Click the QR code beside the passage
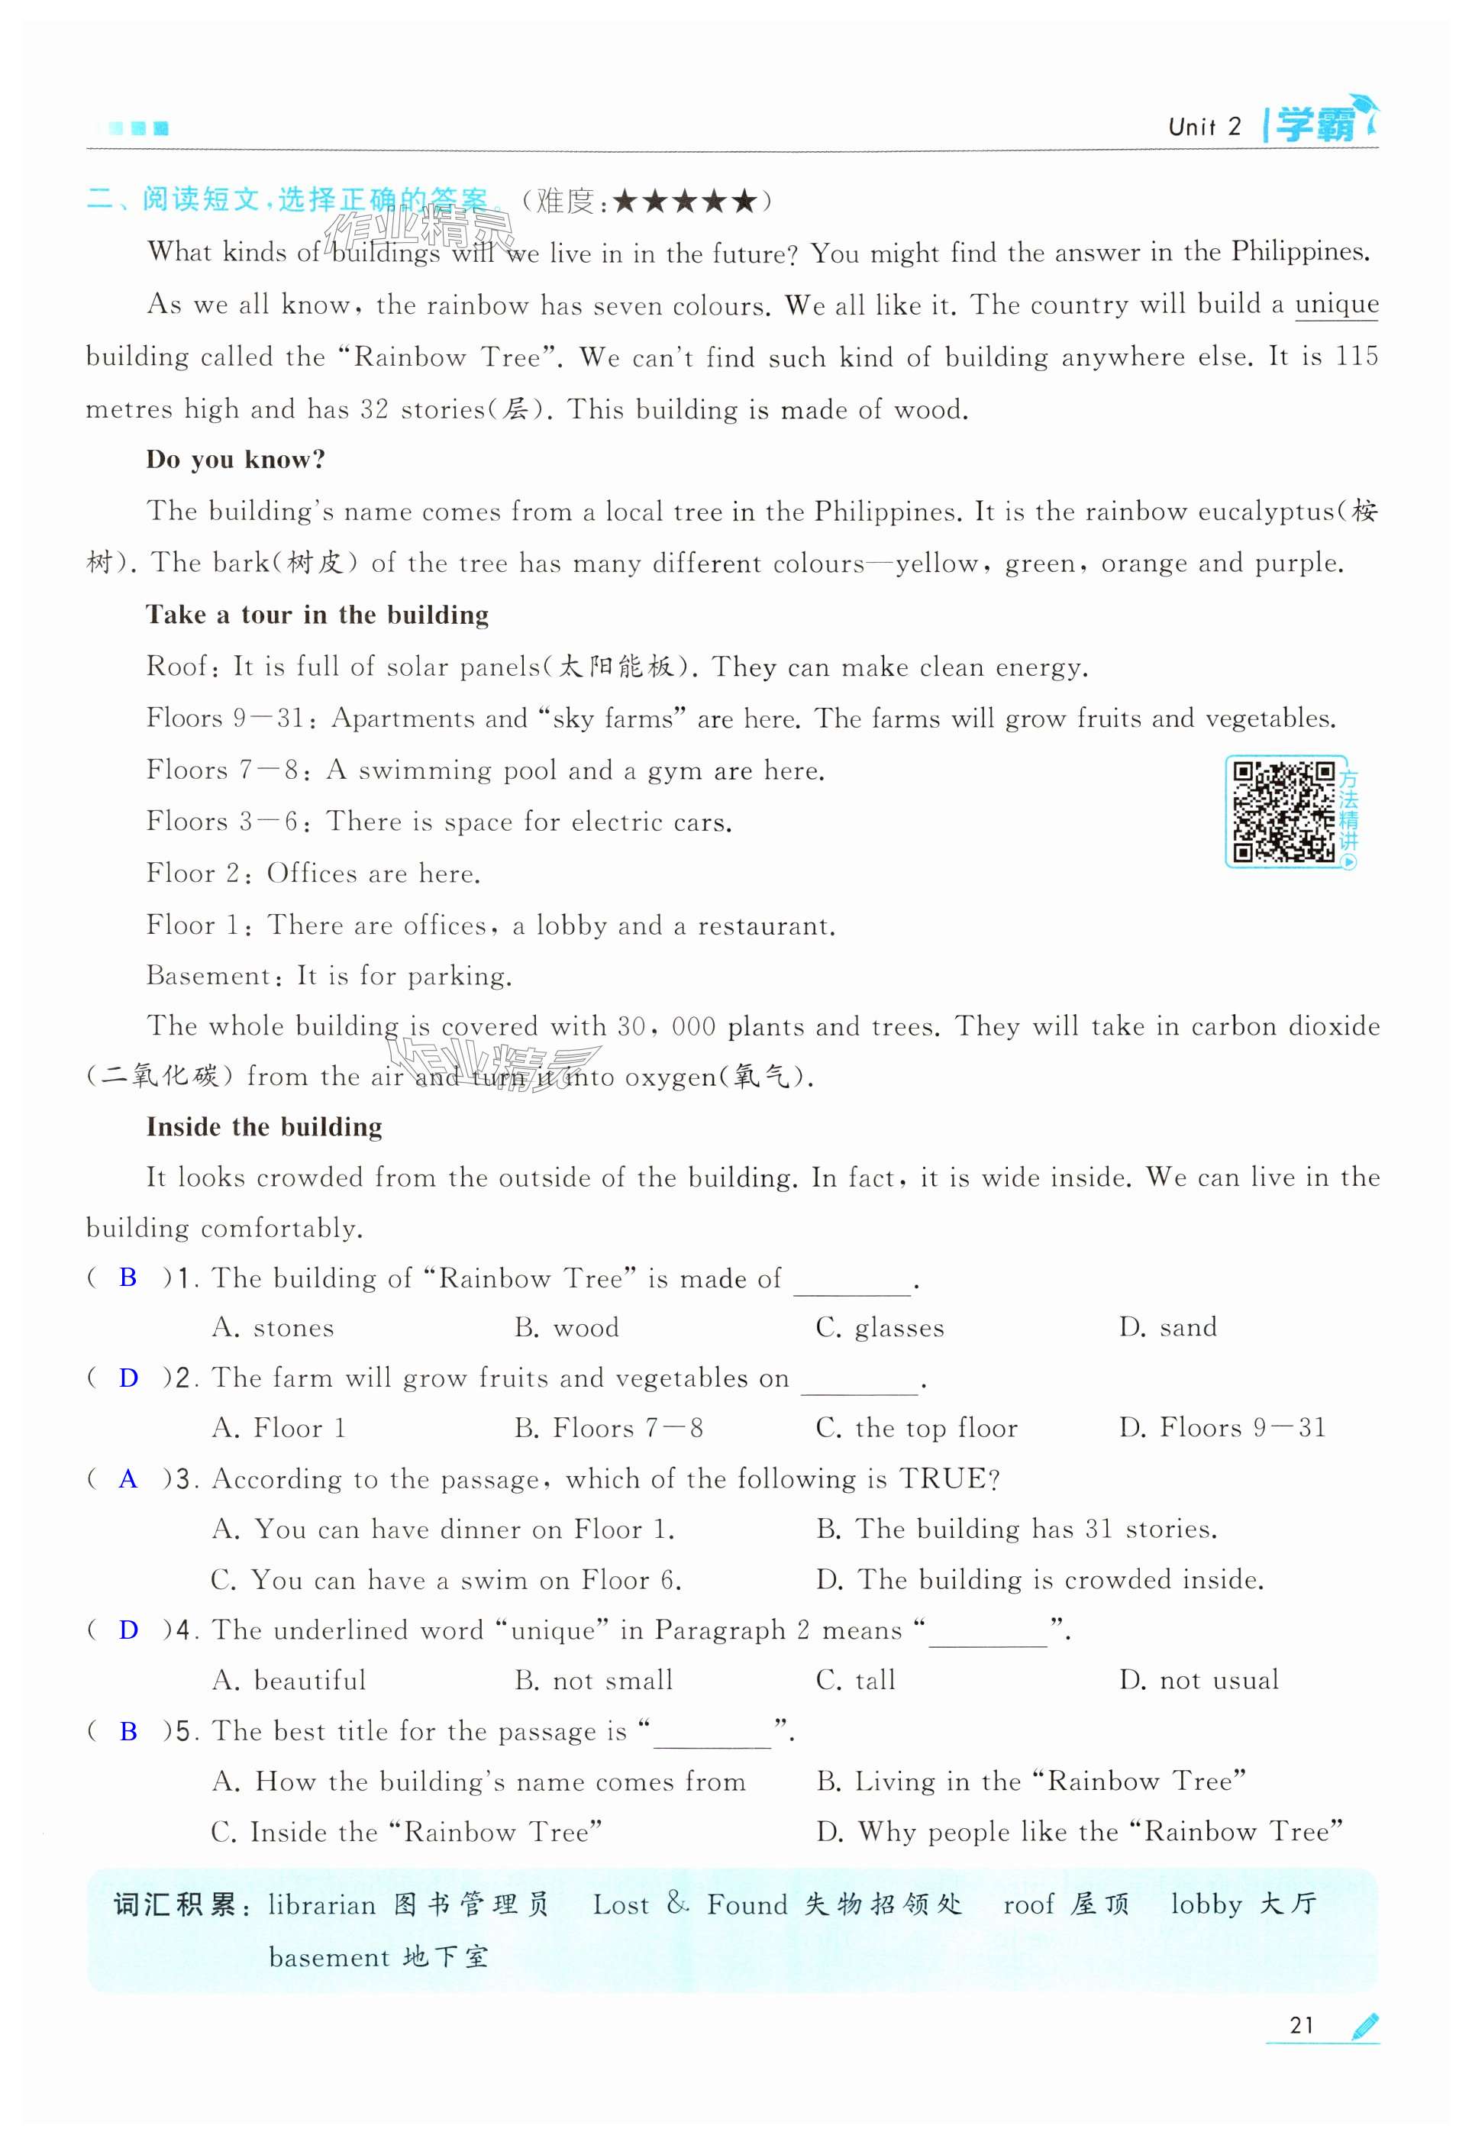pyautogui.click(x=1283, y=812)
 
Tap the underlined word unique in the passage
pyautogui.click(x=1335, y=305)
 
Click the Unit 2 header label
pyautogui.click(x=1204, y=127)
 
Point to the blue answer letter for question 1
pyautogui.click(x=128, y=1278)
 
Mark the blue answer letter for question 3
pyautogui.click(x=128, y=1478)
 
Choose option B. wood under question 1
pyautogui.click(x=567, y=1327)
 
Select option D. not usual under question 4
pyautogui.click(x=1199, y=1680)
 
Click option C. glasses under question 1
pyautogui.click(x=880, y=1327)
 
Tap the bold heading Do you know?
pyautogui.click(x=235, y=460)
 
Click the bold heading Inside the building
pyautogui.click(x=264, y=1127)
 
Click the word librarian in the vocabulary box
pyautogui.click(x=321, y=1905)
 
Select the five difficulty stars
pyautogui.click(x=684, y=200)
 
